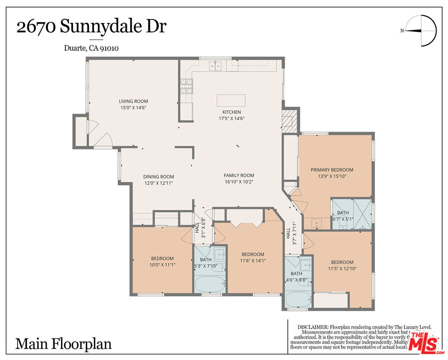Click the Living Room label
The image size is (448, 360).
pos(133,101)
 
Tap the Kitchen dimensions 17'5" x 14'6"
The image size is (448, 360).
pos(231,118)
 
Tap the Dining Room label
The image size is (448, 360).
pos(158,176)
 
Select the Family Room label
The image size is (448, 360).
pos(239,175)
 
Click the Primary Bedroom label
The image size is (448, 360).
pos(332,170)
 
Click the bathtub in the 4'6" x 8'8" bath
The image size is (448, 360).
pos(299,300)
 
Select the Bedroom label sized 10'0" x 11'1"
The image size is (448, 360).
pos(162,258)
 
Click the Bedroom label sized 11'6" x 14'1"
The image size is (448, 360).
pos(252,254)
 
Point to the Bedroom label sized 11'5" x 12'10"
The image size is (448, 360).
pos(342,262)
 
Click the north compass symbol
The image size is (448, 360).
pos(421,30)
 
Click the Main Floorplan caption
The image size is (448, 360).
pos(63,343)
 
